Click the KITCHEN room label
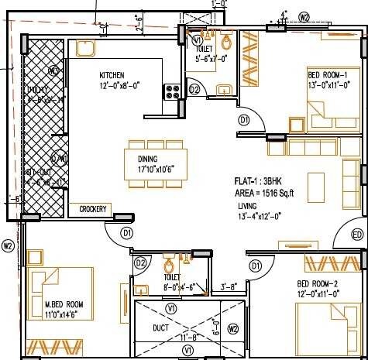[113, 75]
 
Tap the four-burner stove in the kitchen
[172, 91]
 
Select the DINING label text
[148, 159]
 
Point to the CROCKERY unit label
[93, 209]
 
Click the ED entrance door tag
[358, 234]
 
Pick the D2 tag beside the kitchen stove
[194, 91]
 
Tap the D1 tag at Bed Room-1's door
[243, 120]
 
